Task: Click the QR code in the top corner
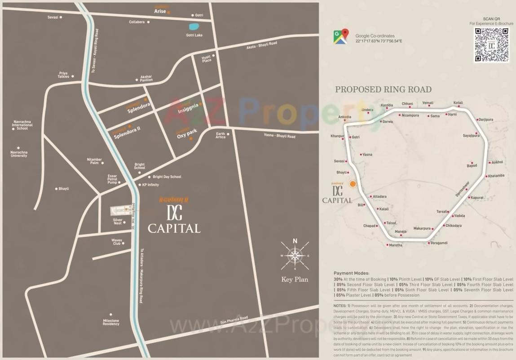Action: [x=491, y=44]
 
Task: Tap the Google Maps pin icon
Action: [x=341, y=36]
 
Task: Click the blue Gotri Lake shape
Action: [x=194, y=27]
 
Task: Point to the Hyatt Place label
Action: [x=207, y=59]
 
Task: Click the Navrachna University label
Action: [x=19, y=154]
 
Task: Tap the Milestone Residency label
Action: [x=111, y=322]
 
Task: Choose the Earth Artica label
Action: [x=221, y=135]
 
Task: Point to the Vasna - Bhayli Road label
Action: [x=279, y=136]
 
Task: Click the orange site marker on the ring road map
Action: [x=353, y=184]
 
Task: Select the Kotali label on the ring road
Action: [x=458, y=103]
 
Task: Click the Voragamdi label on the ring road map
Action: [x=439, y=243]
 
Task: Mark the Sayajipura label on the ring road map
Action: [x=471, y=135]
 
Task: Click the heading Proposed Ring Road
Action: [x=383, y=89]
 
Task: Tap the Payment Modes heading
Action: [x=351, y=273]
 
